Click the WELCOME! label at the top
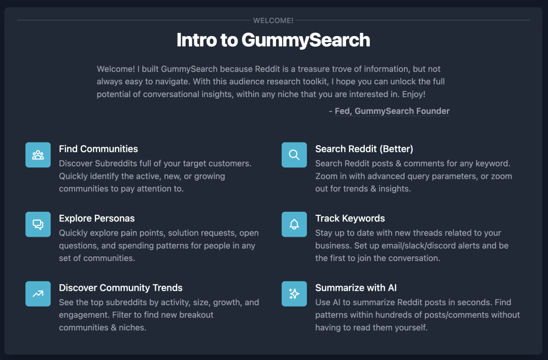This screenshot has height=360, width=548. coord(273,20)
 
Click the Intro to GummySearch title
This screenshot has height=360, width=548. coord(273,40)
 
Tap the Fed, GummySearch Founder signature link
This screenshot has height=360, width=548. coord(392,111)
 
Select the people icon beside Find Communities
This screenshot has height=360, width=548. coord(38,155)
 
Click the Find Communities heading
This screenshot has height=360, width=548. coord(98,149)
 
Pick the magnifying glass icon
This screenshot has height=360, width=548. coord(294,155)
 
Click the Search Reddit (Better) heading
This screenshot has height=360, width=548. coord(364,149)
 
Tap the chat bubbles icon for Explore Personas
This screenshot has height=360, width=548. coord(38,224)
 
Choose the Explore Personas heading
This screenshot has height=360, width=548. coord(97,218)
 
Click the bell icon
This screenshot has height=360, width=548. coord(294,224)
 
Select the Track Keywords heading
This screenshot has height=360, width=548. coord(350,218)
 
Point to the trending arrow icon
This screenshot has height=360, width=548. coord(38,293)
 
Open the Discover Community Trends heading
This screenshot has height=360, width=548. coord(121,288)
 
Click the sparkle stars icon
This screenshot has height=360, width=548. coord(294,293)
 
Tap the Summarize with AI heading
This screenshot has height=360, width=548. coord(356,288)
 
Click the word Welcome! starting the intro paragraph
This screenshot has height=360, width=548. coord(116,69)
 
